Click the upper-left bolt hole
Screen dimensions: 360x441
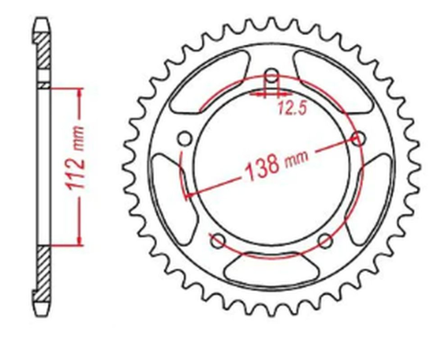tap(184, 139)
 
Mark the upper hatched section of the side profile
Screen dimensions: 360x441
tap(42, 55)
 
